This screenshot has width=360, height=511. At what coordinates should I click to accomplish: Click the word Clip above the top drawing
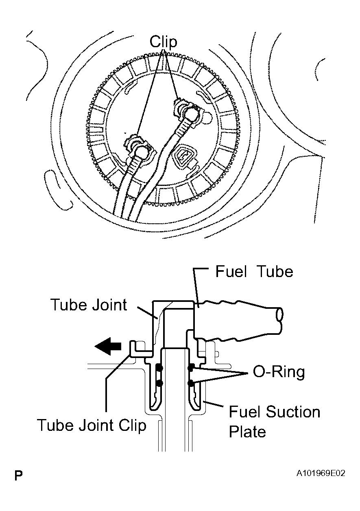click(x=164, y=42)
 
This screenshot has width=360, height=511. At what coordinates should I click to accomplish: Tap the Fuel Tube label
click(x=254, y=272)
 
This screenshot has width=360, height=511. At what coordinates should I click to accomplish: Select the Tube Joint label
click(x=89, y=305)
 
